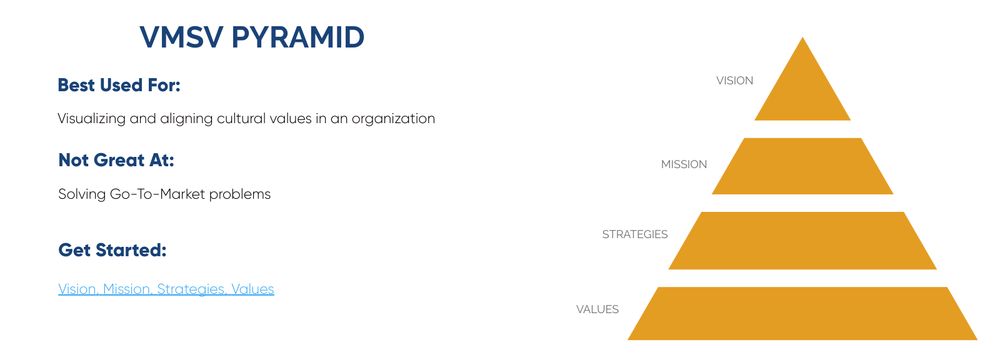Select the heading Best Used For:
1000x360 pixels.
tap(119, 85)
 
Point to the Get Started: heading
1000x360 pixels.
tap(112, 249)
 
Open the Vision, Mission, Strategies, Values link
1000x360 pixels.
tap(166, 289)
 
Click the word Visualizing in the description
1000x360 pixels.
tap(91, 118)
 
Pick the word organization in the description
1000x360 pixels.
tap(393, 118)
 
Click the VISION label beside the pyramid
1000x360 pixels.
tap(734, 80)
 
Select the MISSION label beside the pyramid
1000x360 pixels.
tap(684, 164)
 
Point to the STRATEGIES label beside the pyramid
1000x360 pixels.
tap(634, 235)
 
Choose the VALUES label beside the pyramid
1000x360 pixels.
tap(597, 309)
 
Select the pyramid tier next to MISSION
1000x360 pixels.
tap(802, 166)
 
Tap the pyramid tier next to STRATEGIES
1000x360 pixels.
tap(802, 240)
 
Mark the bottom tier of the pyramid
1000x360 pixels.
tap(802, 313)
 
